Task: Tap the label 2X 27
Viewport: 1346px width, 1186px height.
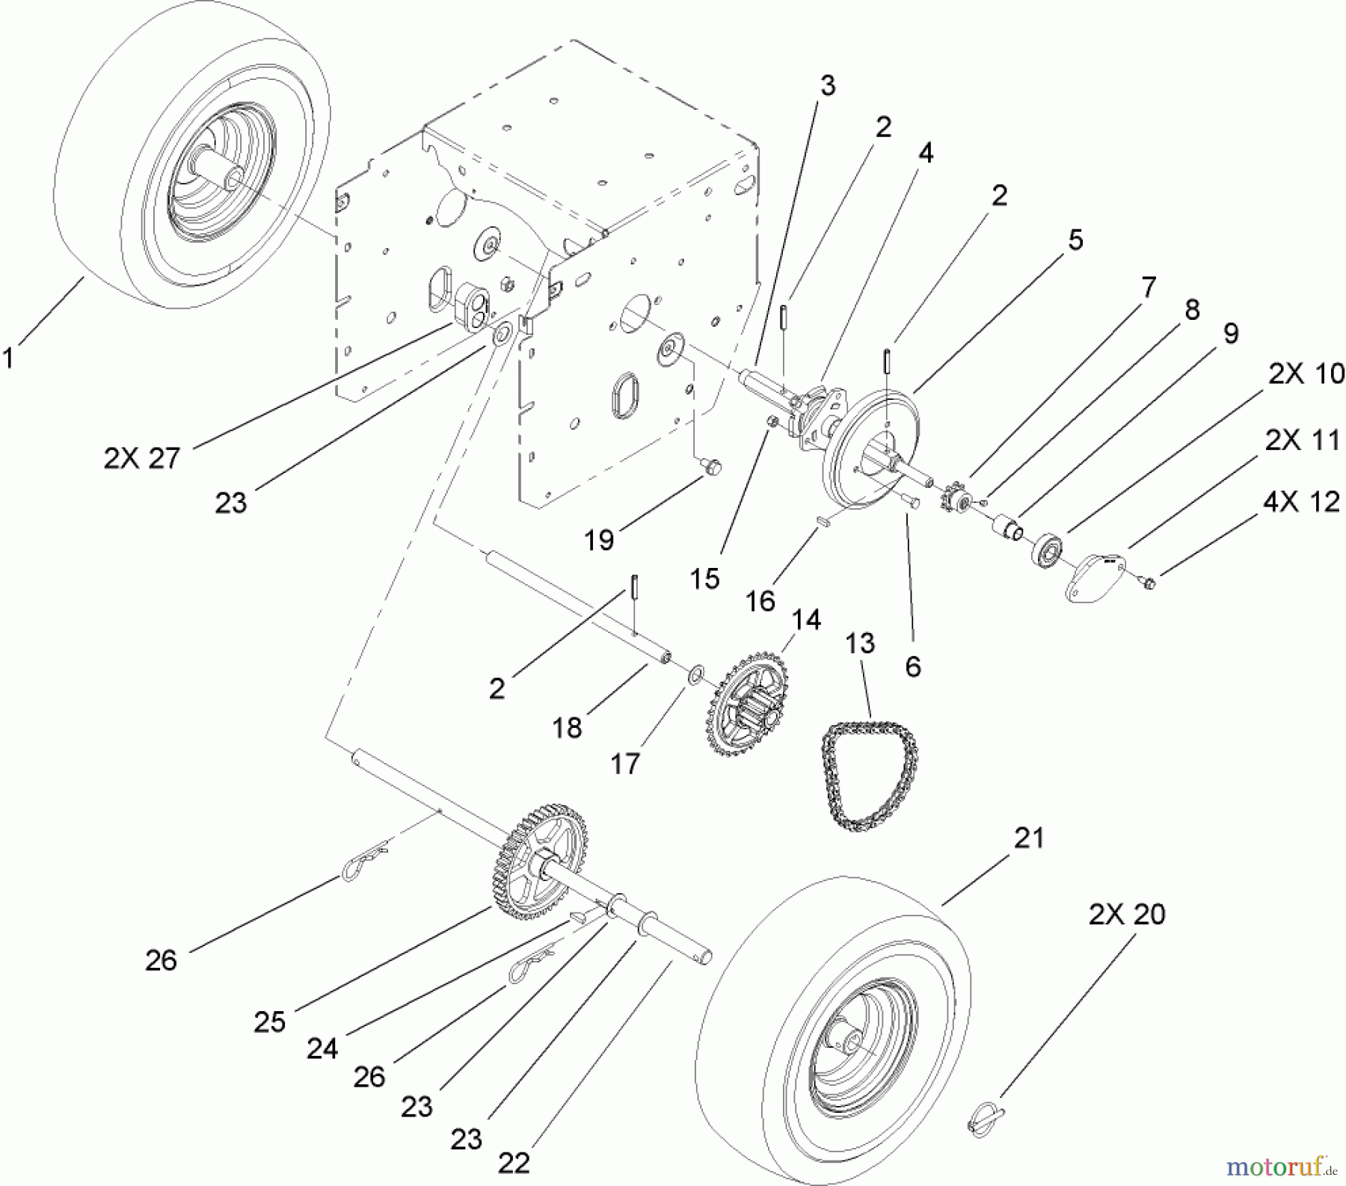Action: [x=141, y=458]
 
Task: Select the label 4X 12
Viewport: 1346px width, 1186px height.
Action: [x=1301, y=501]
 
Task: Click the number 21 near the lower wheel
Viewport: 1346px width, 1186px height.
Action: [x=1028, y=838]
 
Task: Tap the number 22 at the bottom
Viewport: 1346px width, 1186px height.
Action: [x=512, y=1162]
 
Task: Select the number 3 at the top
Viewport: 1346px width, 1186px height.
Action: [x=826, y=86]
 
